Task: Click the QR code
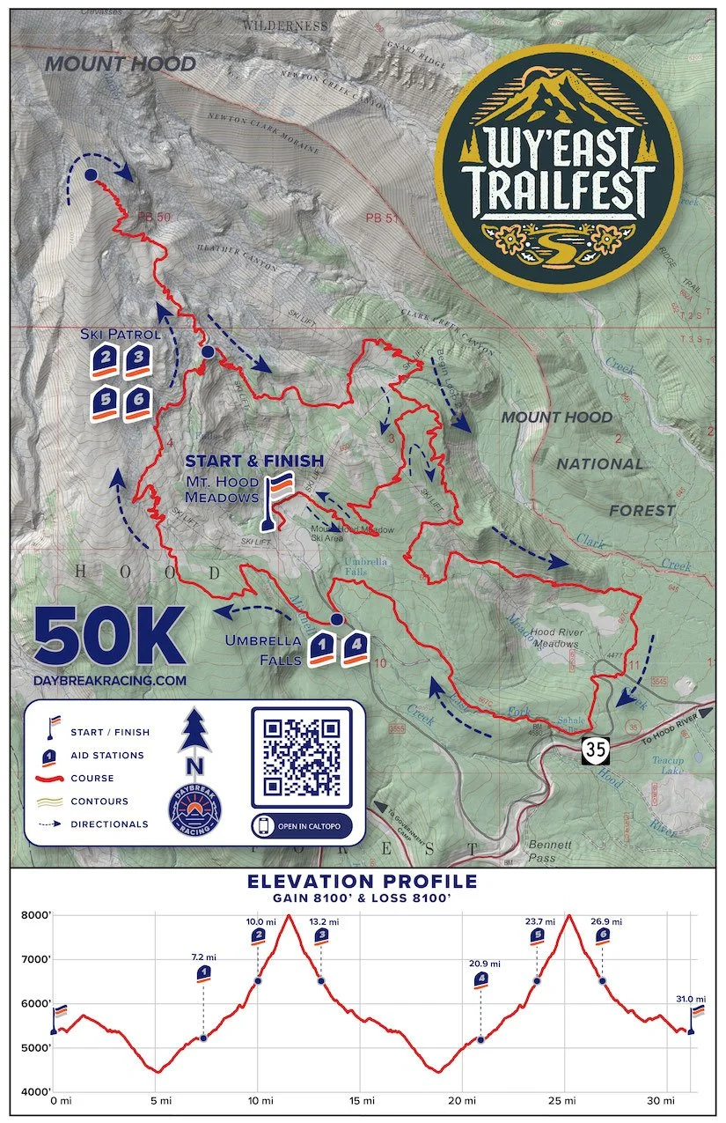pyautogui.click(x=303, y=755)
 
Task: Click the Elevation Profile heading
pyautogui.click(x=363, y=881)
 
